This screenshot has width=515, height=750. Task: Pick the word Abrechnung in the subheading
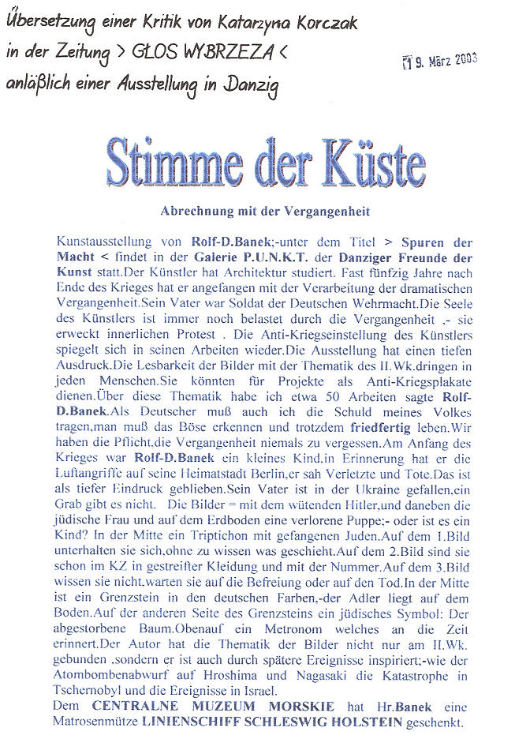(190, 212)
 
